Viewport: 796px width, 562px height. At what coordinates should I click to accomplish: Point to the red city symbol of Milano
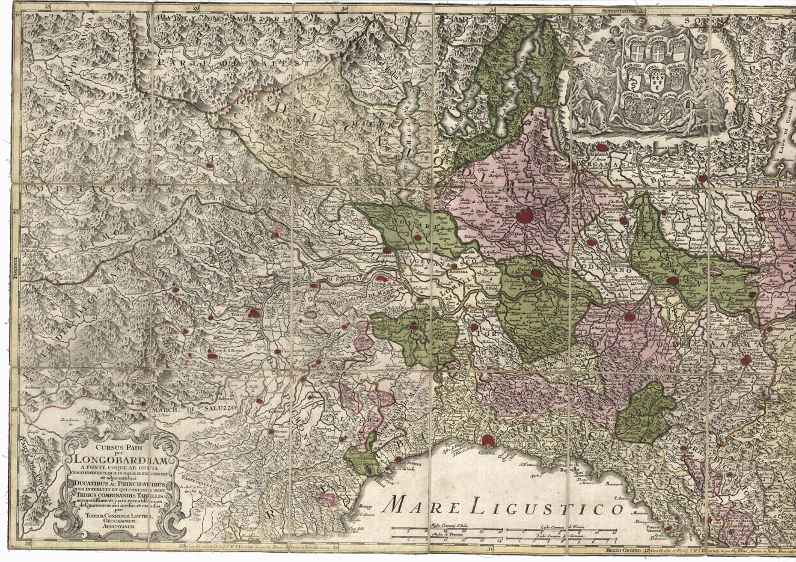pos(526,214)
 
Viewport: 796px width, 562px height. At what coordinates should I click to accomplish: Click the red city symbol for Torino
pos(255,313)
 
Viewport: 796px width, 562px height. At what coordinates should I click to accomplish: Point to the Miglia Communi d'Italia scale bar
pos(448,531)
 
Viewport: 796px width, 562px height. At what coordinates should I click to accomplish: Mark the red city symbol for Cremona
pos(674,281)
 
